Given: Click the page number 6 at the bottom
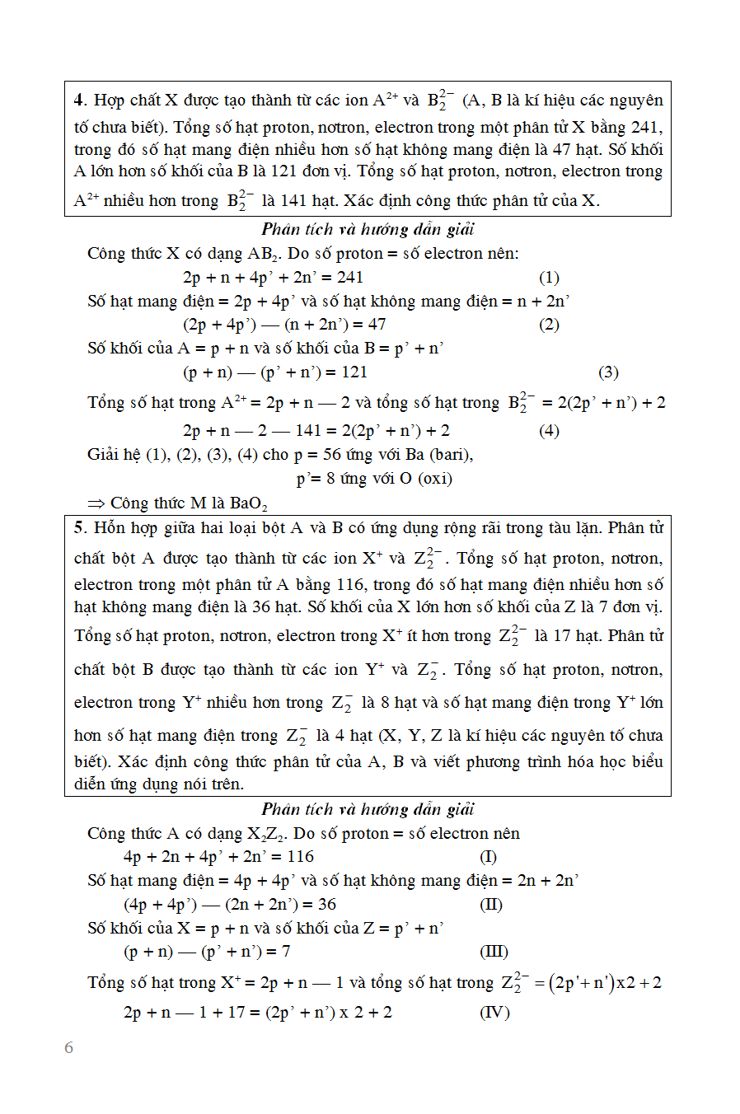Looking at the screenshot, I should [x=68, y=1047].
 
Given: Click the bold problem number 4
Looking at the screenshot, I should [x=79, y=101].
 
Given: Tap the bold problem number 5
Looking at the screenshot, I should [x=79, y=528].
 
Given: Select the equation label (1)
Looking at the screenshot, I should [x=549, y=278].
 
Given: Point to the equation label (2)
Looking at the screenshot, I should [x=549, y=325].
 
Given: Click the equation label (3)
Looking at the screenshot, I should [x=608, y=372].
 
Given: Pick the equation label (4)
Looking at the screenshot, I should [x=549, y=431].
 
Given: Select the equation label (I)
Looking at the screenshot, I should [x=488, y=857].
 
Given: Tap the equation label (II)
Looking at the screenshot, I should [x=491, y=905].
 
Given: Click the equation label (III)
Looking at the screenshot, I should [x=494, y=952].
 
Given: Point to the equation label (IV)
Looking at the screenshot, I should [x=494, y=1013].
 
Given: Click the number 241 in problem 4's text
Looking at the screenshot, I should [x=645, y=128].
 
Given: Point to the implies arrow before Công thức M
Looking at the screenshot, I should [x=96, y=503].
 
